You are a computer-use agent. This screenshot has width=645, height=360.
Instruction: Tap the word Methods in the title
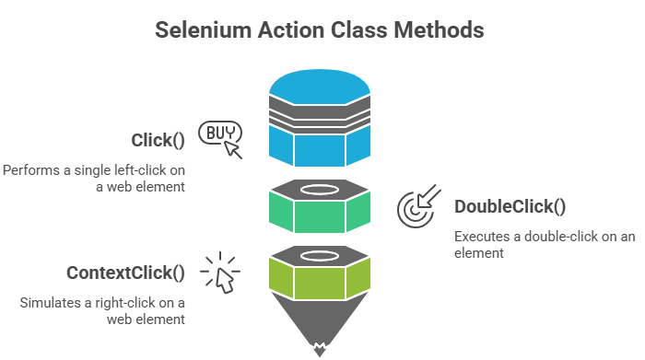coord(439,29)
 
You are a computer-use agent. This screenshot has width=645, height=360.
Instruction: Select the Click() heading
coord(158,141)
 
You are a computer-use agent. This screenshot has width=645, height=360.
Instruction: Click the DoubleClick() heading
coord(510,206)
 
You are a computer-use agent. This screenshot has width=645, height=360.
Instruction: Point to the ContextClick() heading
coord(125,273)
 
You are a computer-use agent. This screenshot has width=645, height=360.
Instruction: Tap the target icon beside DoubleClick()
coord(416,208)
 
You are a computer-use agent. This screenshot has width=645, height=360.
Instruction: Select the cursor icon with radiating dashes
coord(221,274)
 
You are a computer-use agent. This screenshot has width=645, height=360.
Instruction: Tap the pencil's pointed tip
coord(320,348)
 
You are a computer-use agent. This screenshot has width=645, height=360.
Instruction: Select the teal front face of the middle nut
coord(320,216)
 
